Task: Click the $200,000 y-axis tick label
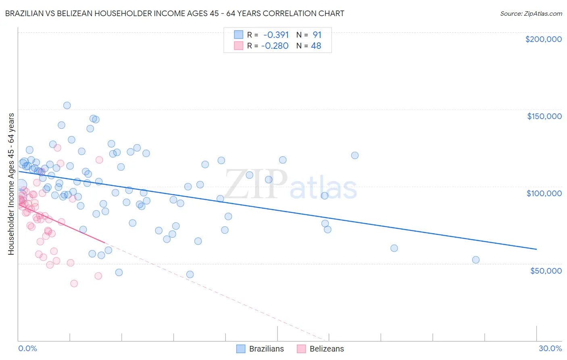click(543, 39)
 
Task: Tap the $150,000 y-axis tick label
click(544, 116)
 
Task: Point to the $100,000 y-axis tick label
click(544, 193)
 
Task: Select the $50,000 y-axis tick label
click(546, 270)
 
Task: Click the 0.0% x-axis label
click(27, 348)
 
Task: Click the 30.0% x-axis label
click(550, 348)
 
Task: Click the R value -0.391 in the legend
click(276, 35)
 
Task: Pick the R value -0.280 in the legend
click(275, 46)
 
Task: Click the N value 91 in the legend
click(317, 35)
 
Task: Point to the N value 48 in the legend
click(316, 46)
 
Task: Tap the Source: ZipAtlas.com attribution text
click(531, 13)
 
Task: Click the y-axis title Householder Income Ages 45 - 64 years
click(11, 184)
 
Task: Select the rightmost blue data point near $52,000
click(476, 260)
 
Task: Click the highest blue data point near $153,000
click(67, 105)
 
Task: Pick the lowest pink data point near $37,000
click(74, 283)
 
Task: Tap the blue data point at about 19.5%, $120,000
click(355, 155)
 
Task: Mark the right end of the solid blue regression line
click(536, 249)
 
